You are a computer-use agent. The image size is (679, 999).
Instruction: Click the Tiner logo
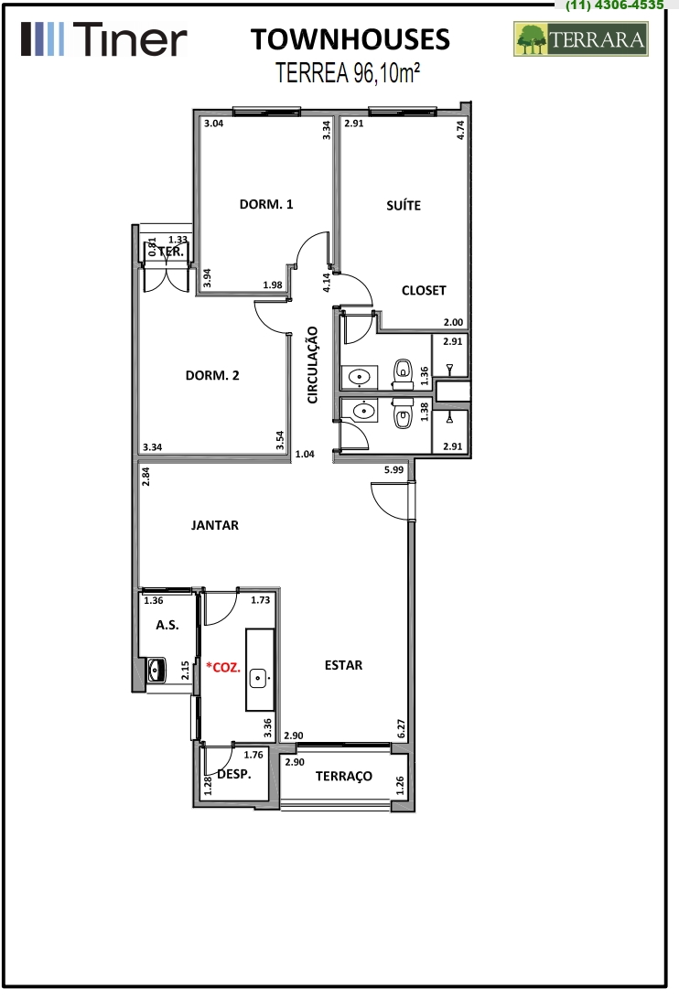[104, 38]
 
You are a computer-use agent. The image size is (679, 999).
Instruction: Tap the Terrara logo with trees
[581, 38]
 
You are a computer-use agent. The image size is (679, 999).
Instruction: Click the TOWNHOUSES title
[350, 39]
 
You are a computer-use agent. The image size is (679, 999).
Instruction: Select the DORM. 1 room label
[266, 205]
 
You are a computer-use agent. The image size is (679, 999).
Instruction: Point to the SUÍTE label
[404, 205]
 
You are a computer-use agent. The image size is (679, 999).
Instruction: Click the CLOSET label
[424, 291]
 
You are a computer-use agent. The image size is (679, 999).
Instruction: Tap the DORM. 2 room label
[212, 375]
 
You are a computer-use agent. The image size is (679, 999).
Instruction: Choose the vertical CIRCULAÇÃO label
[312, 365]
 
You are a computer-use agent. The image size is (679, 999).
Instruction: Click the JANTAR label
[215, 526]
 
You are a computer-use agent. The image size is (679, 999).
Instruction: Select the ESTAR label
[344, 665]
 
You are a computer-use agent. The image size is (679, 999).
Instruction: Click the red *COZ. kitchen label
[223, 667]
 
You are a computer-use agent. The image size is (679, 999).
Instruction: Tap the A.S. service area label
[167, 625]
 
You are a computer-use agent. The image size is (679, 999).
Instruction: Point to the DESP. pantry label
[234, 775]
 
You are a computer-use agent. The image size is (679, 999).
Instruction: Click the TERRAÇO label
[344, 776]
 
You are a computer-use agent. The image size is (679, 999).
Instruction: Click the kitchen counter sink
[258, 678]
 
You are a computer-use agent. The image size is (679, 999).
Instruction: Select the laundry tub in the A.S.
[156, 671]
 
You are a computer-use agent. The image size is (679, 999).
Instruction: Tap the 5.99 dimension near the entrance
[394, 469]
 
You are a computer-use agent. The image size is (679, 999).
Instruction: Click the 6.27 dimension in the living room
[401, 729]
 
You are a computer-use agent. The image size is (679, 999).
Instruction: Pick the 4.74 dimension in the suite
[460, 130]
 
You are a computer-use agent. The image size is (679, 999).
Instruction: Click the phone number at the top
[615, 5]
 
